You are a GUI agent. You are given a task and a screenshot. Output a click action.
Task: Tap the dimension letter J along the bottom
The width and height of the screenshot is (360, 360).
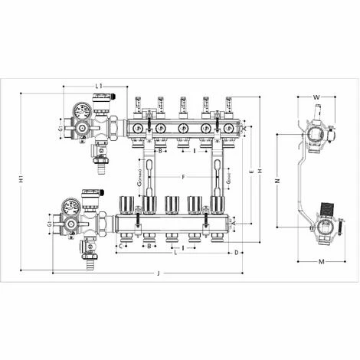(158, 273)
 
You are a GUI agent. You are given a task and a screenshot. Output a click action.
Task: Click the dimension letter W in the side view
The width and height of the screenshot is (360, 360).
(316, 97)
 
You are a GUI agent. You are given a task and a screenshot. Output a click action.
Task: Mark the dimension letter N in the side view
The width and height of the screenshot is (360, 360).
(278, 181)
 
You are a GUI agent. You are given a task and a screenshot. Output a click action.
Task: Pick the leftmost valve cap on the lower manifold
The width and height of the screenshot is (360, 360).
(126, 206)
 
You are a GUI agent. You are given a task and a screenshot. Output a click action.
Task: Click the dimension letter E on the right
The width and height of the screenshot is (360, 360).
(250, 175)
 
